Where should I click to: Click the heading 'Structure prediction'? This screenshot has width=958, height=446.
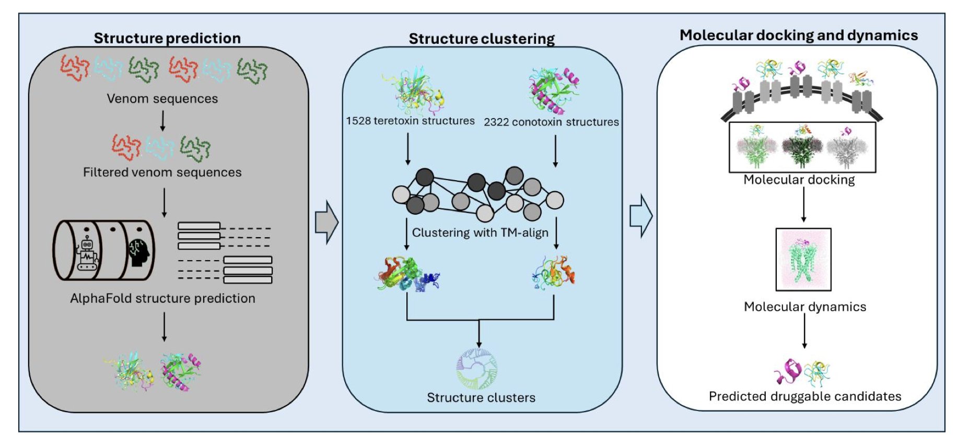167,38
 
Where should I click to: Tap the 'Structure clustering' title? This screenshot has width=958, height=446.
482,39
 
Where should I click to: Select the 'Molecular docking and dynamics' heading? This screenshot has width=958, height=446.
798,35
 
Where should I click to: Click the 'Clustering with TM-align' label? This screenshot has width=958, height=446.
480,232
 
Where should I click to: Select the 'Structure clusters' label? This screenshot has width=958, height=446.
481,397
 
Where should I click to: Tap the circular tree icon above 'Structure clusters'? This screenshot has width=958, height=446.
477,369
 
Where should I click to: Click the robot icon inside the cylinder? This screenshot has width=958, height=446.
87,254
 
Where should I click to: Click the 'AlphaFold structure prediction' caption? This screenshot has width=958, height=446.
162,298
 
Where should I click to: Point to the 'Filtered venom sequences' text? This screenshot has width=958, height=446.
162,172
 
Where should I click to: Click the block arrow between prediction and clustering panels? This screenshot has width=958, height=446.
326,222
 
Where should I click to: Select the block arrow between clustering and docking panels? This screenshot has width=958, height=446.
641,216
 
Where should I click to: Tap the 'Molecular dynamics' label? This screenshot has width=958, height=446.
804,307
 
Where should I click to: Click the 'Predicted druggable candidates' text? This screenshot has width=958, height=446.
804,396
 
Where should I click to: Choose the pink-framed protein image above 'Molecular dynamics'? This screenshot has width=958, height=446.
803,260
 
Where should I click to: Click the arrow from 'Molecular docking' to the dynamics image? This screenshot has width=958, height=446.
803,204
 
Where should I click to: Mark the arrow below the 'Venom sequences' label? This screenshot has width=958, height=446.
162,121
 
